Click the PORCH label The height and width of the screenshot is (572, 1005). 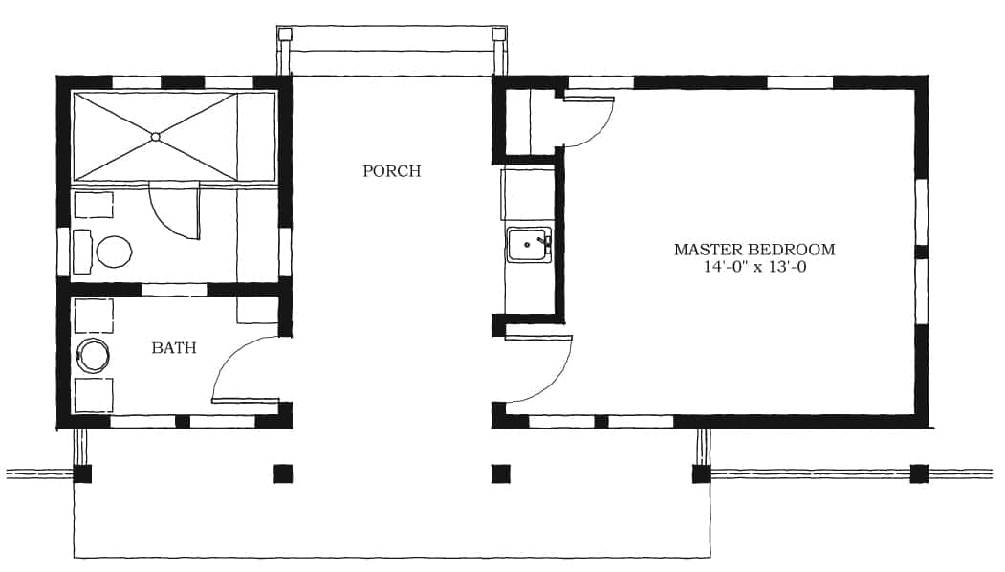392,171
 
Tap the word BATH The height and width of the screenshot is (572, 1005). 174,347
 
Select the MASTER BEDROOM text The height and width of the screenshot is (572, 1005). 754,250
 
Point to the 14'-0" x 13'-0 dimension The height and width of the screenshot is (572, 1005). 755,267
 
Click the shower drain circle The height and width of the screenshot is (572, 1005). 155,137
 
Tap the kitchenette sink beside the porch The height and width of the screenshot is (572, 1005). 530,244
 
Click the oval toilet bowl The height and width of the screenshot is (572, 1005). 115,252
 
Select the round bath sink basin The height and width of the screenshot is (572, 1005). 93,355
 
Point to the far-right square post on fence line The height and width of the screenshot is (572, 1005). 919,473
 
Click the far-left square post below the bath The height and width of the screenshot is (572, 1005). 82,473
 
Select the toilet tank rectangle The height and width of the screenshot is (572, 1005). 82,252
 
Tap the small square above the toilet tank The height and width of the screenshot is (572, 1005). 94,206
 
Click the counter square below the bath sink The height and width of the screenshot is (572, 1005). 94,395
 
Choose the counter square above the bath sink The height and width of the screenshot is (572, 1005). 94,316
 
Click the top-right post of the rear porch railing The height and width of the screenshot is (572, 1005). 498,34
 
